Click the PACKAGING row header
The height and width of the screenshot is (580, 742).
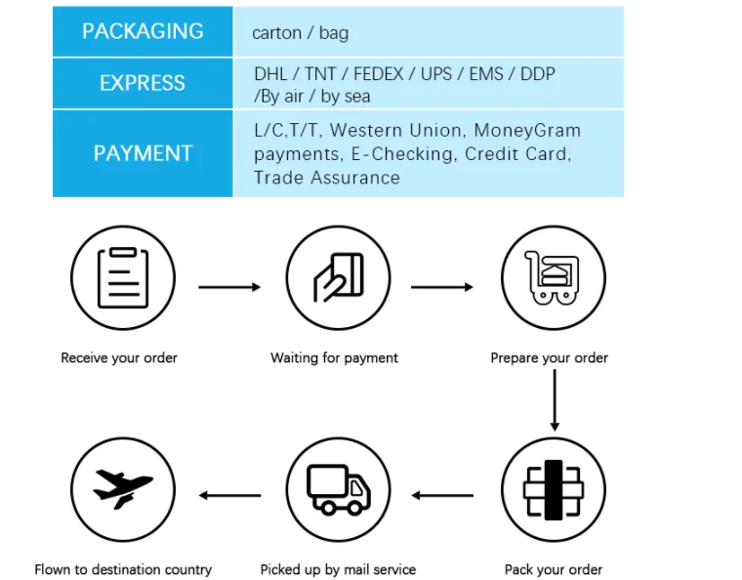(143, 31)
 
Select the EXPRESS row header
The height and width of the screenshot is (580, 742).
(143, 83)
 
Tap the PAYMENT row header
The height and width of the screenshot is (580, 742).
(143, 153)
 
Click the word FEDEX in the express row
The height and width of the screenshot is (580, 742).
(379, 74)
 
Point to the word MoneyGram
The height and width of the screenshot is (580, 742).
(527, 131)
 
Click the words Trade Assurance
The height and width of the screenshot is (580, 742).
(327, 178)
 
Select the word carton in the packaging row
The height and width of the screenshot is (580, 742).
(277, 33)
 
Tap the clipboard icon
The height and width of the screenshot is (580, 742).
(123, 277)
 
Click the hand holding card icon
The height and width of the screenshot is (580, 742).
(339, 277)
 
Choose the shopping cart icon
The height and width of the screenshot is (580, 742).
(553, 277)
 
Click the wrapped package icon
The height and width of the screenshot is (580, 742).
(554, 490)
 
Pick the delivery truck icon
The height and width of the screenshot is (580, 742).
(339, 489)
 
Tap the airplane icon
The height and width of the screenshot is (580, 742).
(123, 488)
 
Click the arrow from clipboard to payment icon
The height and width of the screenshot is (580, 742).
(229, 287)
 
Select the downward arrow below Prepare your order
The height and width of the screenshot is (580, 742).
(555, 400)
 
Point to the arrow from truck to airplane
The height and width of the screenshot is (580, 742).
(229, 495)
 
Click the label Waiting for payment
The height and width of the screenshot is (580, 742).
(334, 358)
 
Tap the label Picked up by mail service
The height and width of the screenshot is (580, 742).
(338, 569)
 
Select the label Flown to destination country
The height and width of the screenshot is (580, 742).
(123, 569)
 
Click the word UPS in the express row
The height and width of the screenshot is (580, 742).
(436, 74)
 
